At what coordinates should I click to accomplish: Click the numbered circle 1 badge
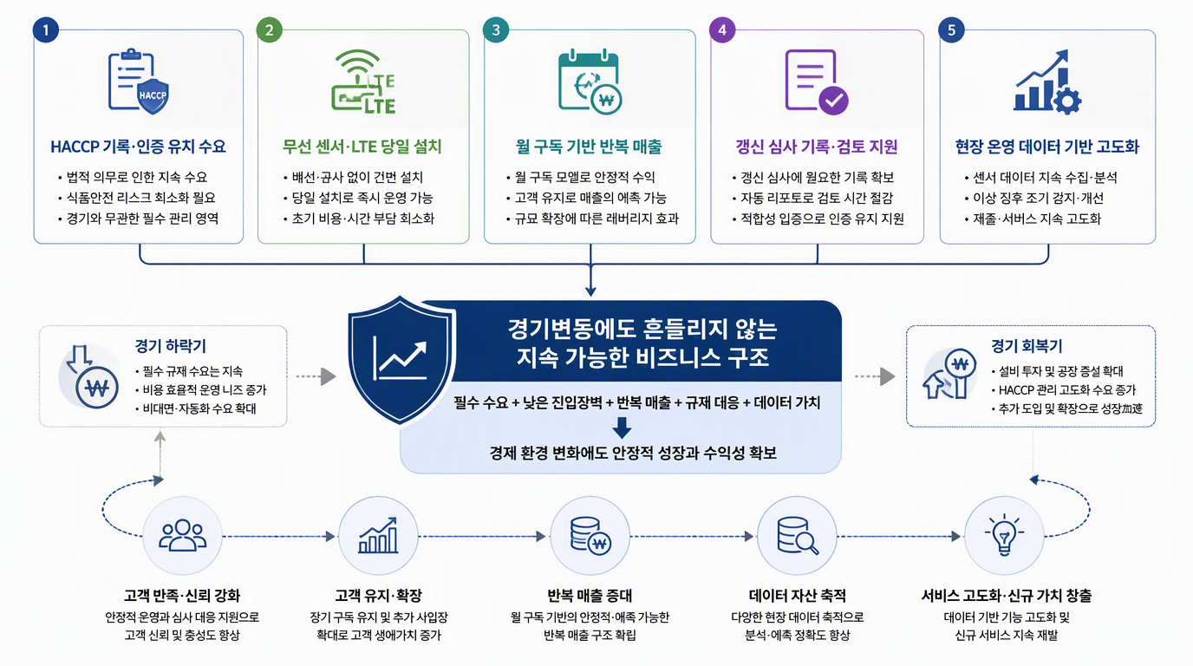pos(46,29)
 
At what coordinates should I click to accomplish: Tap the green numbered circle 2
pos(270,29)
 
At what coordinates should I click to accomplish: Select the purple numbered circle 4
pos(722,29)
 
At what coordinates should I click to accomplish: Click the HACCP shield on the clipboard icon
pos(153,96)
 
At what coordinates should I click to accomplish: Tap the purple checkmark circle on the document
pos(833,101)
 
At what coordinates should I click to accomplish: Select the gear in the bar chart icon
pos(1066,101)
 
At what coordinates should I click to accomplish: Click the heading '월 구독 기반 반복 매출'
pos(589,147)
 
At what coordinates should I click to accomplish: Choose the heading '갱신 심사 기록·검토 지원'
pos(817,147)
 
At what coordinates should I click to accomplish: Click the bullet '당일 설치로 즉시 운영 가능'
pos(362,198)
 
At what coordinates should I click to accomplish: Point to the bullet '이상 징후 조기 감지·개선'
pos(1038,198)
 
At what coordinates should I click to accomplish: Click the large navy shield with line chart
pos(401,360)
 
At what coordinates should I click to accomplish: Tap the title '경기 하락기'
pos(171,346)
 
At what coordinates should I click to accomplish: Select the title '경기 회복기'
pos(1027,346)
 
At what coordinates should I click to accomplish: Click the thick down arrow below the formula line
pos(622,428)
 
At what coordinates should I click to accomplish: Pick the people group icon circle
pos(183,535)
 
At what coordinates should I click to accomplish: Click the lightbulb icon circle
pos(1004,535)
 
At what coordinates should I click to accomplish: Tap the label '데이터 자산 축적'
pos(798,595)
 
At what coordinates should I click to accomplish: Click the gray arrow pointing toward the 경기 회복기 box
pos(875,376)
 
